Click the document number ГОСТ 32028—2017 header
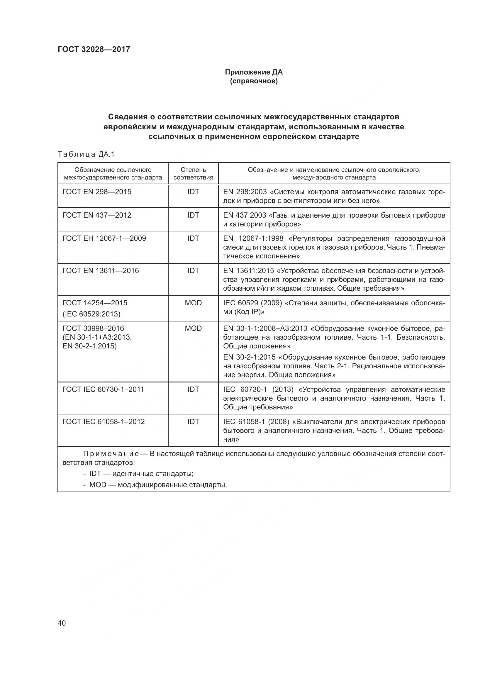[x=94, y=49]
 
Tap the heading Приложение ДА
[x=254, y=72]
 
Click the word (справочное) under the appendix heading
[x=254, y=81]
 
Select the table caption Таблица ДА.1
[x=86, y=155]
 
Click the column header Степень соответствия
[x=193, y=174]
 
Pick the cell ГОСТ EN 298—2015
[x=97, y=192]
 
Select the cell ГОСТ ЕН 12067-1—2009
[x=104, y=238]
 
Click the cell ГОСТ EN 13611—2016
[x=100, y=271]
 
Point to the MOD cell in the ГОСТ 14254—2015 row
[x=193, y=303]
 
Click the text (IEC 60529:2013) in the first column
[x=91, y=314]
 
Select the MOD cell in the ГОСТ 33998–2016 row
[x=193, y=328]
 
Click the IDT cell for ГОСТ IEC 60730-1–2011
[x=193, y=389]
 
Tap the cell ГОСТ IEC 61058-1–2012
[x=103, y=422]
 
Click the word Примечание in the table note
[x=111, y=454]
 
